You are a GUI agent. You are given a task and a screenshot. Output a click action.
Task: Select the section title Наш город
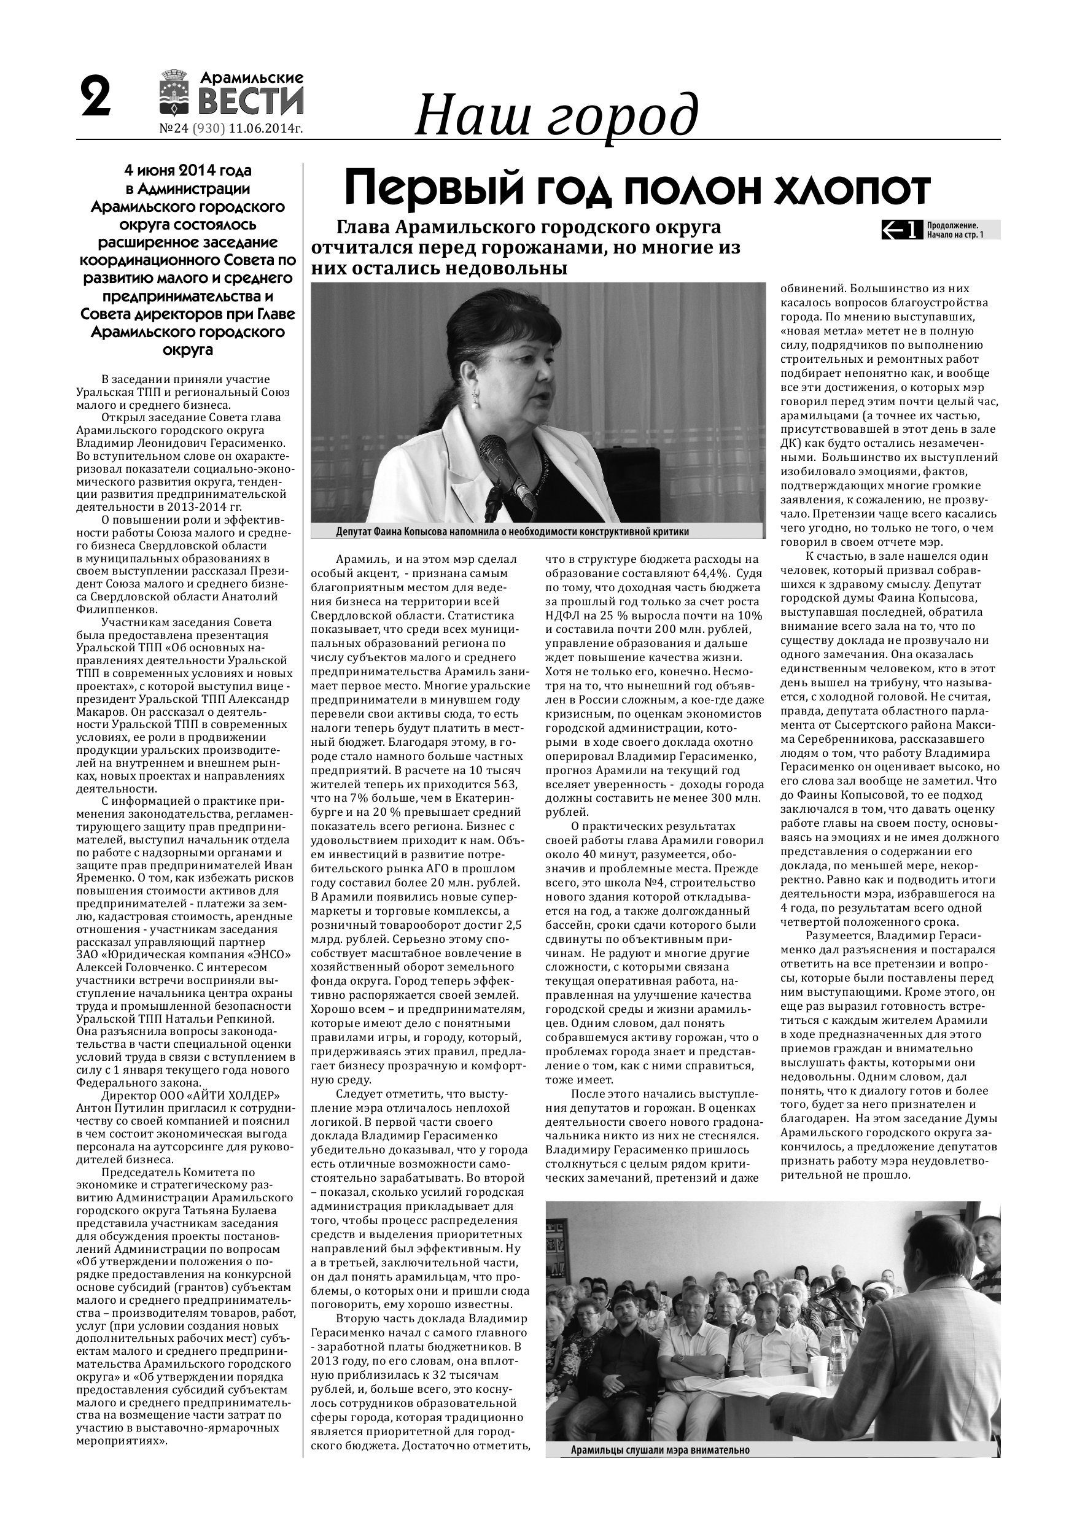(556, 114)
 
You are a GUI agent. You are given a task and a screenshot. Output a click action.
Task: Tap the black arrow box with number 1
(901, 230)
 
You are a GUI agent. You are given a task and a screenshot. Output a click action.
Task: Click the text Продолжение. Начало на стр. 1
(955, 230)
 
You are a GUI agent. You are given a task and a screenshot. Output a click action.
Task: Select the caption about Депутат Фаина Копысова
(511, 532)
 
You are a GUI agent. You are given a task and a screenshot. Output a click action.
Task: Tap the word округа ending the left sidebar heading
(187, 349)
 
